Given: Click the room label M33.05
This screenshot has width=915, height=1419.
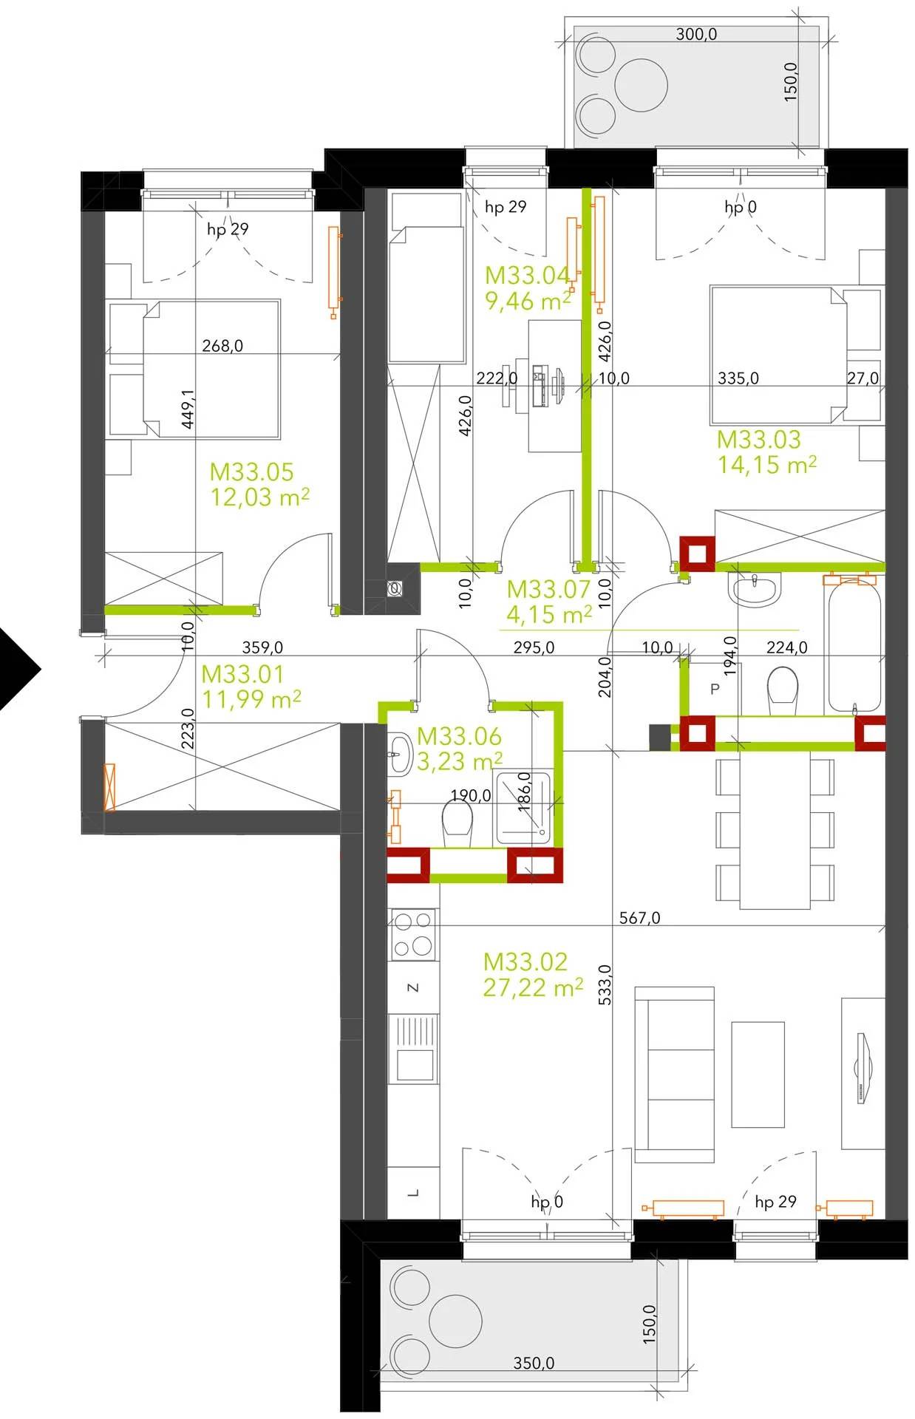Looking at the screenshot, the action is (251, 472).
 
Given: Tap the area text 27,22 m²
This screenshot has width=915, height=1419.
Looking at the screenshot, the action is (533, 987).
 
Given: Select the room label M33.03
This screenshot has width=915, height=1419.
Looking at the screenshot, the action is (759, 440).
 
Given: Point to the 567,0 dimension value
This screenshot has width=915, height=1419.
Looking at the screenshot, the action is (640, 918).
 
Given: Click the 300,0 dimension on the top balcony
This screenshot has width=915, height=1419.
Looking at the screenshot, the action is (696, 34).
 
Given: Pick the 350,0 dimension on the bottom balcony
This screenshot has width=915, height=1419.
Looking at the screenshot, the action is (534, 1363).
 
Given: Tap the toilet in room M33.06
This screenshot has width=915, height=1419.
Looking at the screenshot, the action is (457, 826).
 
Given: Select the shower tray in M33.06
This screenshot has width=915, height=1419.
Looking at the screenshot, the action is (523, 808).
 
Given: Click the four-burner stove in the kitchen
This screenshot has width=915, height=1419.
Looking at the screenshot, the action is (413, 934).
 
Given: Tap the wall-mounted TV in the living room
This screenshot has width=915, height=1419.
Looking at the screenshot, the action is (863, 1068).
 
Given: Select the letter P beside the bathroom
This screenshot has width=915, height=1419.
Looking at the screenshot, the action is (715, 690).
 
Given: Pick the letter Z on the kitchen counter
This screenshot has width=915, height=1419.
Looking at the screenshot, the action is (414, 987).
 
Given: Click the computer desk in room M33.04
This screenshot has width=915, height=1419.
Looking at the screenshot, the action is (554, 386).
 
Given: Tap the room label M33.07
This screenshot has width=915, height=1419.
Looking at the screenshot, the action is (548, 589).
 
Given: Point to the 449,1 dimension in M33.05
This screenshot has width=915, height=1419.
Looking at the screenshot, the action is (188, 409).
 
